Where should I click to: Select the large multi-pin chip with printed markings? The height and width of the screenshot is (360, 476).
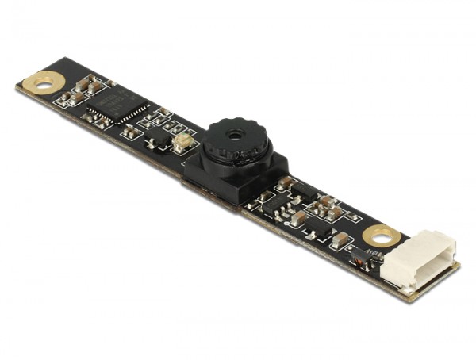coord(115,107)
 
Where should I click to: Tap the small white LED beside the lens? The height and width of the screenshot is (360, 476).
coord(182,144)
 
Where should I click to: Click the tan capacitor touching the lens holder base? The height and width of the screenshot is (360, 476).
coord(284,184)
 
